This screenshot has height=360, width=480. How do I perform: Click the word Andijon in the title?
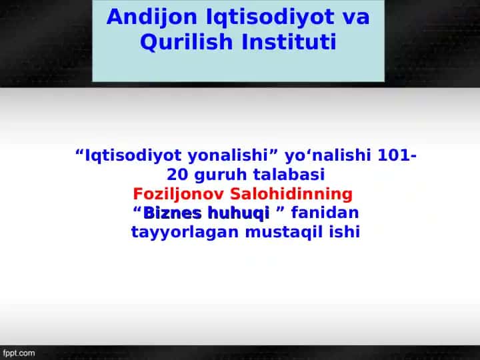[151, 17]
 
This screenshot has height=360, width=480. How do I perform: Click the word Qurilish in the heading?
[187, 42]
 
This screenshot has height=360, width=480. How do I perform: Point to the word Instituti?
[289, 41]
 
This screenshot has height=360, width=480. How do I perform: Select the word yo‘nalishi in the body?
[328, 155]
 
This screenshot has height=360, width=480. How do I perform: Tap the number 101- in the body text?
[397, 155]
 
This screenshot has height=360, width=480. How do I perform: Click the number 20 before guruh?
[177, 175]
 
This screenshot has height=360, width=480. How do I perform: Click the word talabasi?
[289, 175]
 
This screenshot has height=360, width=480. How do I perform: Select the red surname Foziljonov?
[179, 195]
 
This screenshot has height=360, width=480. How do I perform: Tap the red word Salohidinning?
[291, 195]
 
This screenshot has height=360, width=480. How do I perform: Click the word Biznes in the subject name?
[173, 213]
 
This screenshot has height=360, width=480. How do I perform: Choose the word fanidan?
[325, 213]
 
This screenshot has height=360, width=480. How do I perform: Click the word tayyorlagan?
[185, 233]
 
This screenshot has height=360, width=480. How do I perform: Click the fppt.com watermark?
[19, 353]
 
